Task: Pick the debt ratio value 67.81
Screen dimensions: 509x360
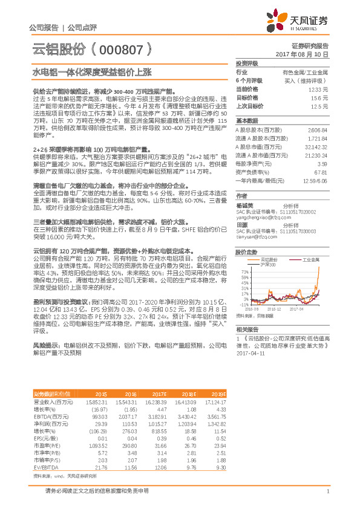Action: pyautogui.click(x=322, y=172)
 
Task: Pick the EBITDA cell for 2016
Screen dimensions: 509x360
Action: pyautogui.click(x=126, y=417)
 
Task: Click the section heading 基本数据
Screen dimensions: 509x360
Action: pyautogui.click(x=247, y=120)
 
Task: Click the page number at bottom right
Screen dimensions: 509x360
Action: pyautogui.click(x=327, y=491)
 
